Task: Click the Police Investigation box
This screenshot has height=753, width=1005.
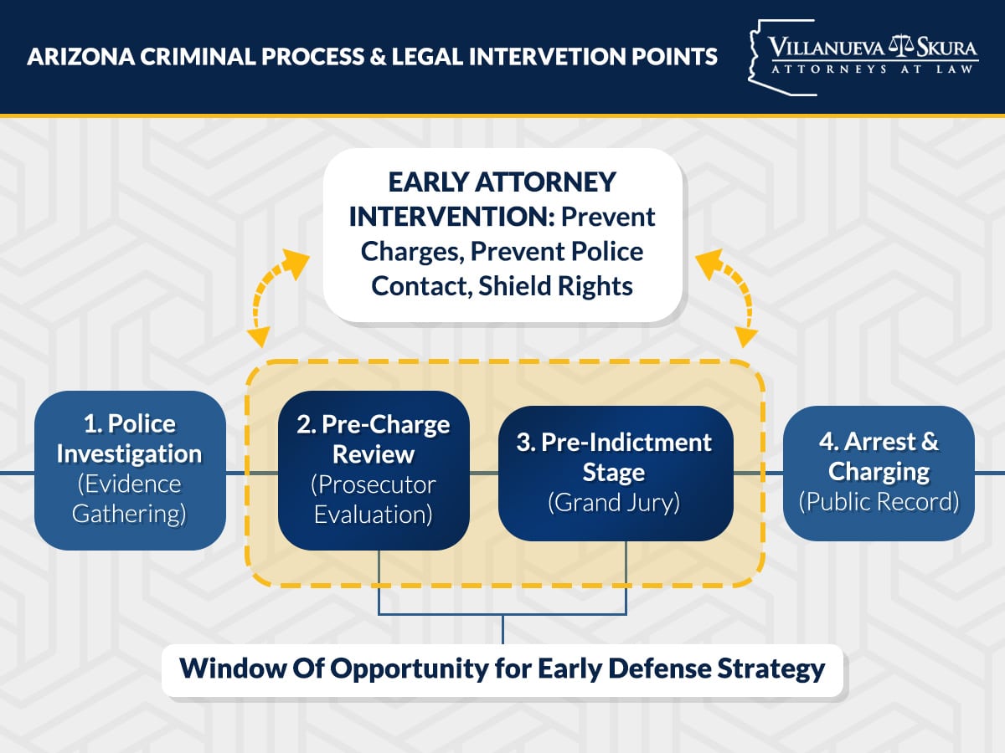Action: (130, 469)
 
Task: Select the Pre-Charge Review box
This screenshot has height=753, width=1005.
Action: (373, 469)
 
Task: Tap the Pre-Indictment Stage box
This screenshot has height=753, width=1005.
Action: (616, 473)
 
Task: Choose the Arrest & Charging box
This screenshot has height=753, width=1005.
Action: (879, 472)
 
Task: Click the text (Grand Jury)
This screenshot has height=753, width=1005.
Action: (614, 504)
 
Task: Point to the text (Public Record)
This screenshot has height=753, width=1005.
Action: (879, 502)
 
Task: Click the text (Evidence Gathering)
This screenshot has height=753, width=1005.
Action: (129, 499)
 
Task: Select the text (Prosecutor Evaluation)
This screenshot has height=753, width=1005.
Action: (373, 499)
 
